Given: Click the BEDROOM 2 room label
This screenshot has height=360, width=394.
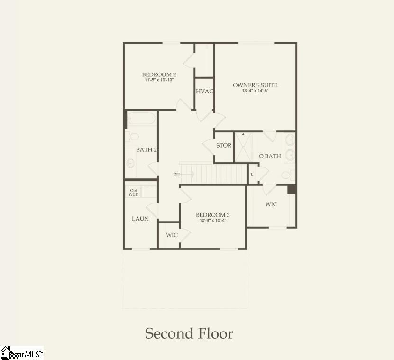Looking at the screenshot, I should click(x=159, y=74).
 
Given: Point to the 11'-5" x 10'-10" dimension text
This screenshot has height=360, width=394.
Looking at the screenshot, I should click(x=159, y=80).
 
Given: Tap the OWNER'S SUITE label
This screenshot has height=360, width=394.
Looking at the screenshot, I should click(x=255, y=85).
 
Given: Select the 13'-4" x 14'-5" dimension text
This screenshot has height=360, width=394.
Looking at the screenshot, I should click(x=255, y=91).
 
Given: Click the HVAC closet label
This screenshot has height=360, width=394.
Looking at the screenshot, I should click(x=204, y=92).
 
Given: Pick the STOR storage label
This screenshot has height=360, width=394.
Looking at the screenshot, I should click(x=224, y=145).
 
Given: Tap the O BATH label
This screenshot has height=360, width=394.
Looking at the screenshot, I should click(x=269, y=156).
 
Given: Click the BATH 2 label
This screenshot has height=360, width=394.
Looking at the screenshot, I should click(x=147, y=149).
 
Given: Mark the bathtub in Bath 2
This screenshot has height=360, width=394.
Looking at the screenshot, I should click(x=141, y=119).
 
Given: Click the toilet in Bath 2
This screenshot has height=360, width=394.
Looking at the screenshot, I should click(x=133, y=137).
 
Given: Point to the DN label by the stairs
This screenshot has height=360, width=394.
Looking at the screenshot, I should click(x=176, y=175).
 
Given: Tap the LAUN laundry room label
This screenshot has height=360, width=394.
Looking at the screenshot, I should click(x=140, y=219).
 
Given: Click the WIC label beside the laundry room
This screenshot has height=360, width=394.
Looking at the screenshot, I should click(x=172, y=235).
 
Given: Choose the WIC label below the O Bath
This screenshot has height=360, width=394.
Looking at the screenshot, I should click(x=271, y=204).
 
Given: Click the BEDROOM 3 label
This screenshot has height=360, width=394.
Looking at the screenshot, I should click(x=213, y=215).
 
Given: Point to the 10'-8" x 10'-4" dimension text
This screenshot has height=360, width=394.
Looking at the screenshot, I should click(x=213, y=221).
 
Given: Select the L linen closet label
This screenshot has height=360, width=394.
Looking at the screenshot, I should click(x=252, y=174).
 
